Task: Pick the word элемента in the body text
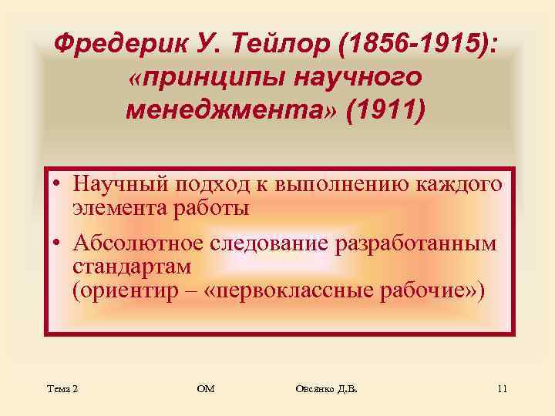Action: coord(116,207)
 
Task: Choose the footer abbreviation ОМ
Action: coord(206,390)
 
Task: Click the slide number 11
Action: coord(501,390)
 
